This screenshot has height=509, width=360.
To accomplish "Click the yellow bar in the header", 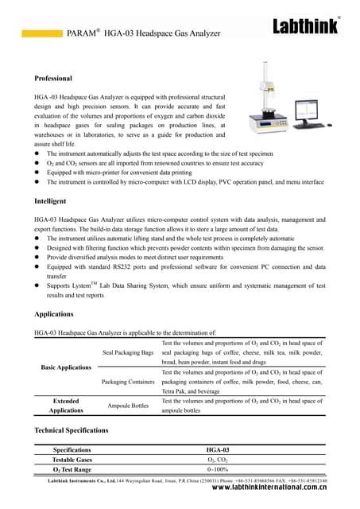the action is tap(41, 34).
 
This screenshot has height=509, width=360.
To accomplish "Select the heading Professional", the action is tap(53, 79).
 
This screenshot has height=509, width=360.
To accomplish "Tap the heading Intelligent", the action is tap(50, 202).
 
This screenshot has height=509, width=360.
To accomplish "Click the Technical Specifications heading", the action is tap(71, 429).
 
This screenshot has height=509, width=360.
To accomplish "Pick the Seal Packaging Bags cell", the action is tap(128, 352).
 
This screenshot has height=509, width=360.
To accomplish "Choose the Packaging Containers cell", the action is tap(128, 381).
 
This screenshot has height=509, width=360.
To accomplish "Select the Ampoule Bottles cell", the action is tap(128, 406).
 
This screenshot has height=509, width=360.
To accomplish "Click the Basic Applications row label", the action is tap(66, 367).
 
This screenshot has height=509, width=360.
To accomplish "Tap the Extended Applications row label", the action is tap(65, 406).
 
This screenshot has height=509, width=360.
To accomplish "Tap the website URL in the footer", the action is tap(269, 491).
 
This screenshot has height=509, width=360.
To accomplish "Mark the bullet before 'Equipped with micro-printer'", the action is tap(37, 171).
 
